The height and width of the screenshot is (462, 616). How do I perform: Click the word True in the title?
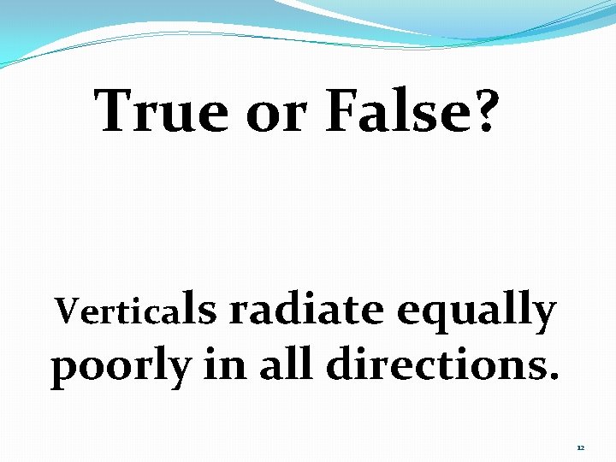tap(162, 110)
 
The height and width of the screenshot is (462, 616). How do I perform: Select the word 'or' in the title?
tap(276, 114)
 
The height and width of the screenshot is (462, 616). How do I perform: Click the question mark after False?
tap(483, 110)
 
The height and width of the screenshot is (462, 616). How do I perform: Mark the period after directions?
tap(555, 377)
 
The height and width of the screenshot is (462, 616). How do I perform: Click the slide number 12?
tap(580, 448)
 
